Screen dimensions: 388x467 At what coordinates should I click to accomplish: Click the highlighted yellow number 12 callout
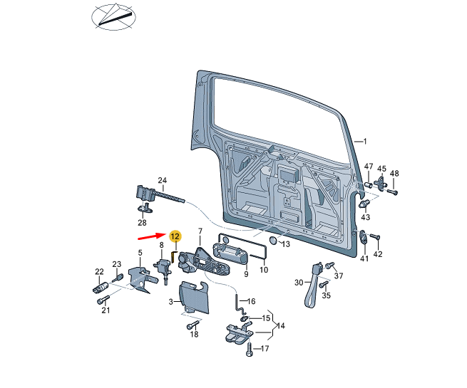pyautogui.click(x=175, y=236)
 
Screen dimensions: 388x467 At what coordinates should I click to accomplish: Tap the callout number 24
pyautogui.click(x=162, y=180)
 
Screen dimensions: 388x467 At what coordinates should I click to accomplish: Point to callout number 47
pyautogui.click(x=369, y=167)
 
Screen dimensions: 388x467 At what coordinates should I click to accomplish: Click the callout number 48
pyautogui.click(x=394, y=173)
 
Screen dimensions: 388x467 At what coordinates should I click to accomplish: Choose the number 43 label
pyautogui.click(x=365, y=216)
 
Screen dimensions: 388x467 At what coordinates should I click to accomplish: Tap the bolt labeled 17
pyautogui.click(x=249, y=350)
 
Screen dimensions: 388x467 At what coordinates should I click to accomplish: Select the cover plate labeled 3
pyautogui.click(x=192, y=296)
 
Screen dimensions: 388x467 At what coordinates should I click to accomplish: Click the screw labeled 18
pyautogui.click(x=192, y=325)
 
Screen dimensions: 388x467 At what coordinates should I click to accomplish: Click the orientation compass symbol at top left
pyautogui.click(x=112, y=17)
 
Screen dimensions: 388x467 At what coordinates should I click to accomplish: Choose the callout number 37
pyautogui.click(x=339, y=276)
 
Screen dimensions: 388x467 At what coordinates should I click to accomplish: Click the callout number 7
pyautogui.click(x=200, y=231)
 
